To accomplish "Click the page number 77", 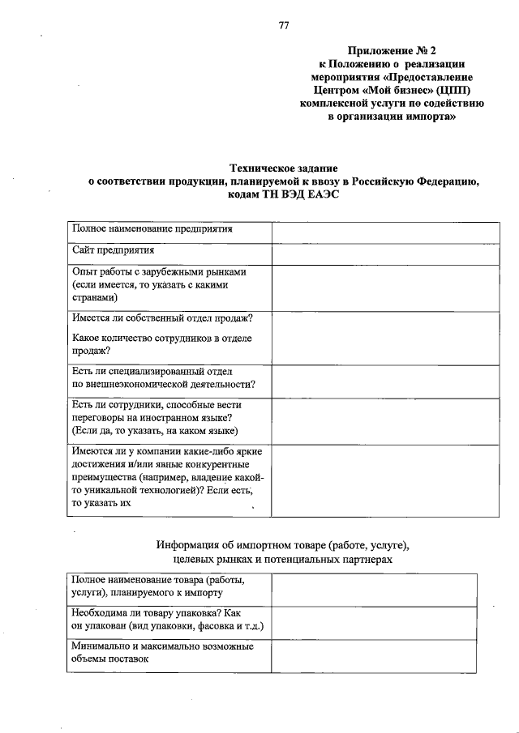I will tap(284, 25).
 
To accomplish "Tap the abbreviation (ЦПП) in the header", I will tap(455, 90).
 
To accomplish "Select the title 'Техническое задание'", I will tap(284, 168).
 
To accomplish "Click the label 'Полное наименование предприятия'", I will tap(152, 229).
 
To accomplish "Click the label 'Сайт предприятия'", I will tap(113, 252).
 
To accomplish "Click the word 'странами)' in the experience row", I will tap(95, 298).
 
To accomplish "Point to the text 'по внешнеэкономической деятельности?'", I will tap(164, 383).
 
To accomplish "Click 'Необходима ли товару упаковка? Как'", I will tap(155, 614).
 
